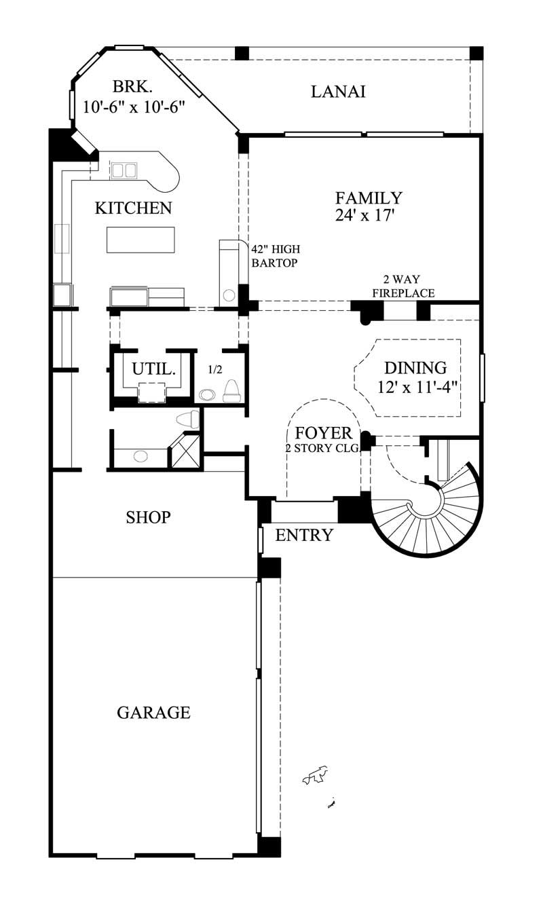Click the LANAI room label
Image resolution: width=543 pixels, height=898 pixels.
338,92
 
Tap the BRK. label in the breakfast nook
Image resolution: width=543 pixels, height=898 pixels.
132,87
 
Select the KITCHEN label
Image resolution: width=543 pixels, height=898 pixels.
133,208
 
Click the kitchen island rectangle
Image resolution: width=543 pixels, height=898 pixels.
141,240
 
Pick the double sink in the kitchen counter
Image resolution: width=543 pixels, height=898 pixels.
124,170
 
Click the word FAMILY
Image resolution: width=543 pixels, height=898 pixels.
369,198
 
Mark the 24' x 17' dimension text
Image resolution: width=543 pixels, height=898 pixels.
365,215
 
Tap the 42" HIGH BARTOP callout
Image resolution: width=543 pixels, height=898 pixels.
275,256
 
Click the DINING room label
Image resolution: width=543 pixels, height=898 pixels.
415,368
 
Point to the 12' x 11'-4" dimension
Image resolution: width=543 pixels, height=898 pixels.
418,387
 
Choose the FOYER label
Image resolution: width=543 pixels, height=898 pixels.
323,433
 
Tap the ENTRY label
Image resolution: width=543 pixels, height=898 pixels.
304,535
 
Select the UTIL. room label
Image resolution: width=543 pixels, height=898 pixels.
154,370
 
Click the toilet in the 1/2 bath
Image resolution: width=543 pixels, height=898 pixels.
231,392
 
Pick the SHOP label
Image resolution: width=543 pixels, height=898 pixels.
148,518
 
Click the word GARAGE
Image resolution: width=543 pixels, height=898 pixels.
153,713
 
